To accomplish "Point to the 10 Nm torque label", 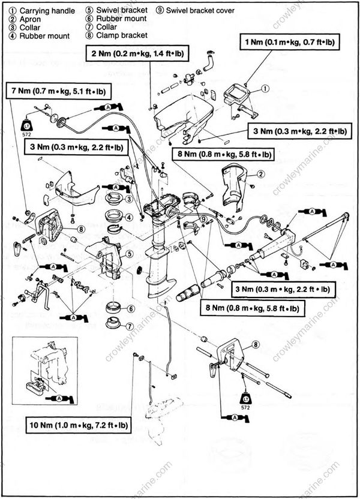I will point(79,426).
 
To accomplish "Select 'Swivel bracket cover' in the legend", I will point(195,11).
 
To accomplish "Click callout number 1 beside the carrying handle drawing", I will point(265,88).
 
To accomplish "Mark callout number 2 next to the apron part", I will point(261,174).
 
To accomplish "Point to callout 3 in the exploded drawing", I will point(128,199).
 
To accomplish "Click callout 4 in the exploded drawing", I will point(128,217).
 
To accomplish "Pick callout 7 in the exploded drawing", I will point(128,326).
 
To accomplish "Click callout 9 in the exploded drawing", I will point(204,220).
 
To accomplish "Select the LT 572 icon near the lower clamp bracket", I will point(246,400).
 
